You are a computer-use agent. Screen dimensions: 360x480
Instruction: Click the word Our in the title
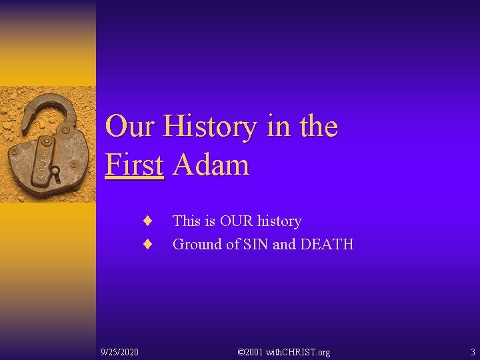tap(131, 127)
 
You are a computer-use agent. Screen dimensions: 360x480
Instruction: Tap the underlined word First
tap(135, 165)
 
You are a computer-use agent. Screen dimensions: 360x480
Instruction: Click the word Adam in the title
tap(211, 165)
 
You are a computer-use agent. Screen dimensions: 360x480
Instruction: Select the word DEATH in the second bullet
tap(327, 245)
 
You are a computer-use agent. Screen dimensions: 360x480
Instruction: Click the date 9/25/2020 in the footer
tap(120, 351)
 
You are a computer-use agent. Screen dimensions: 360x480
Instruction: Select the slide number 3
tap(473, 351)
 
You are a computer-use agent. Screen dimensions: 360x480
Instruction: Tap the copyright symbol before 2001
tap(241, 351)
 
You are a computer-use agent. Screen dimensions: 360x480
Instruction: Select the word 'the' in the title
tap(317, 127)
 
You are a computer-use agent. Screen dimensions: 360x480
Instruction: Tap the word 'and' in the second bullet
tap(284, 245)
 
